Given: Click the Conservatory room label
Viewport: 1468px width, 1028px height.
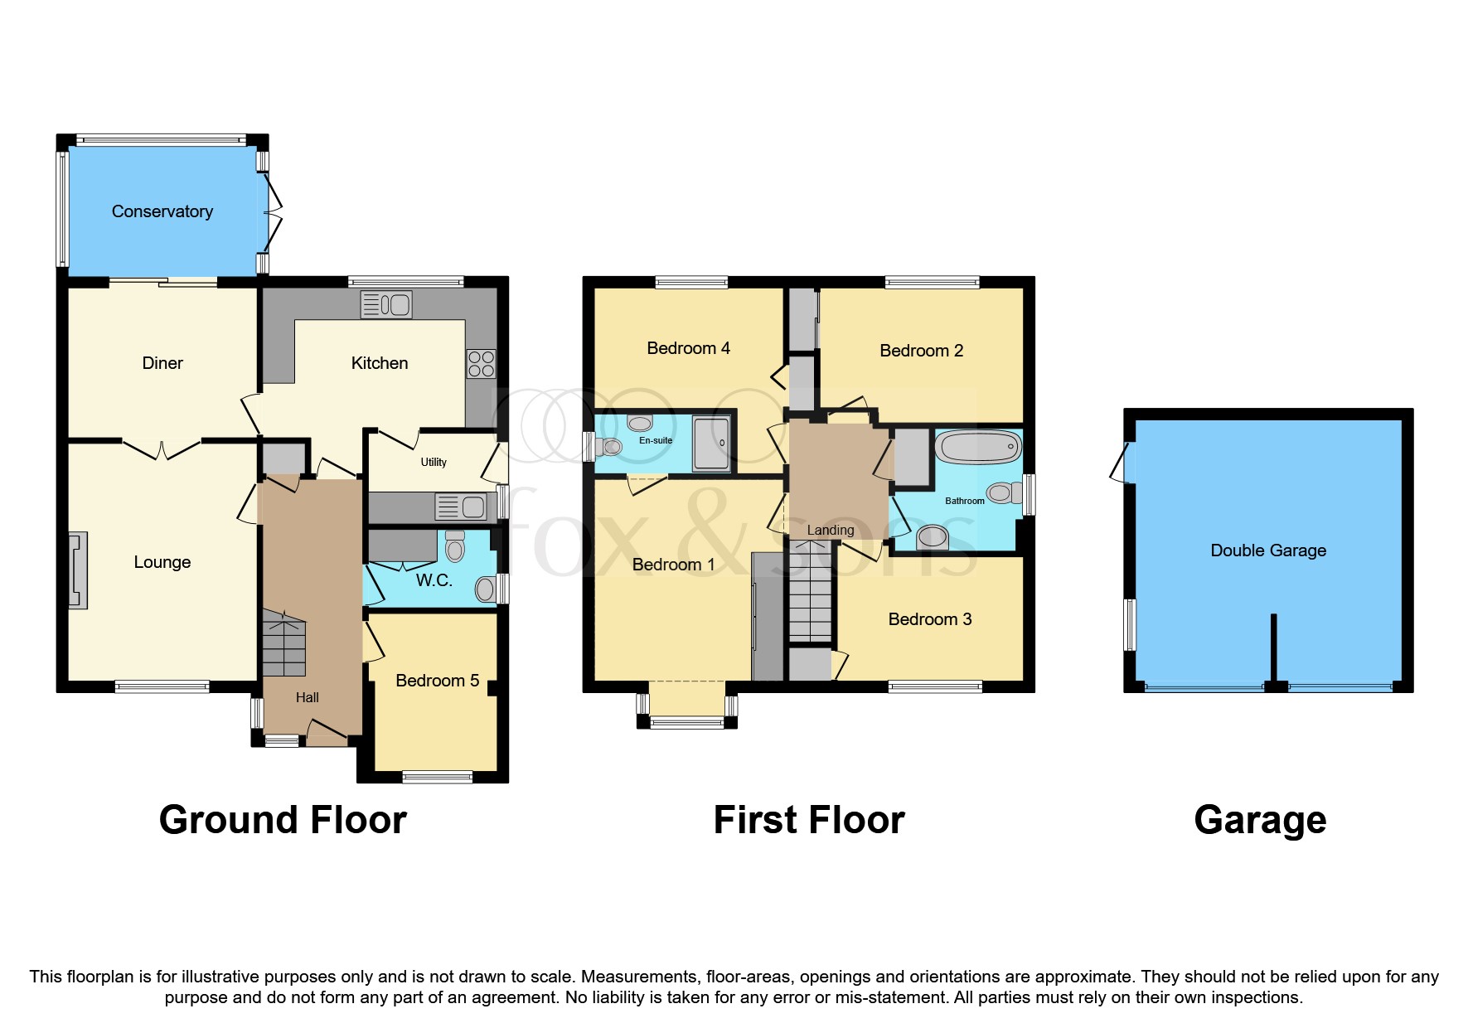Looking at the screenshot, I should click(162, 211).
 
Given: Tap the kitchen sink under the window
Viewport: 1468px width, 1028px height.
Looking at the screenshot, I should click(386, 305).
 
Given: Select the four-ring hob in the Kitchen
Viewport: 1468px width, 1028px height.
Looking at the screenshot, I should click(482, 364).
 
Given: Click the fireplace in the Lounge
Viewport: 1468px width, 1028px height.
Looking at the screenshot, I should click(78, 571).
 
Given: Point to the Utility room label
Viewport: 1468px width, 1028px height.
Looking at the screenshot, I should click(434, 462).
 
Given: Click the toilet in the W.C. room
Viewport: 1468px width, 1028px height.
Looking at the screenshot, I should click(455, 546).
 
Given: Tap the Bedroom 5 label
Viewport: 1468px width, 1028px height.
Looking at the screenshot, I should click(437, 681).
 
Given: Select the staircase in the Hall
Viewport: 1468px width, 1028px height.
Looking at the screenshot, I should click(284, 643).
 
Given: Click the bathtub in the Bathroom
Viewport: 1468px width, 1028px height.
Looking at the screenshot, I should click(978, 447).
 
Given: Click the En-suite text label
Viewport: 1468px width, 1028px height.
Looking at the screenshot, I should click(656, 440).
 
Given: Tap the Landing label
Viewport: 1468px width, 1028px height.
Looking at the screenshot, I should click(830, 531).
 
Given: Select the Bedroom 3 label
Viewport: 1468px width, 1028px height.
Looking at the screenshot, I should click(929, 619).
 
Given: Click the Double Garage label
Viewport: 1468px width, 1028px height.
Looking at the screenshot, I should click(1267, 550).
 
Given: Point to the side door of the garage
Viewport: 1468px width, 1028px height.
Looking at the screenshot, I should click(1122, 463).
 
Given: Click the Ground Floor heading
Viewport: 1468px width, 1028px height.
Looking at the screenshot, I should click(283, 820).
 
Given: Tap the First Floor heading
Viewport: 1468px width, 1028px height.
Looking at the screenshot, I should click(808, 820).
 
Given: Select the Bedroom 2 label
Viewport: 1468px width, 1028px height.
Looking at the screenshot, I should click(921, 351).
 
